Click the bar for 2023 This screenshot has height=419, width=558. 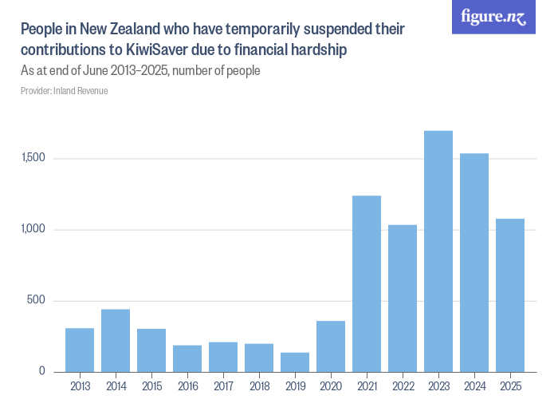438,251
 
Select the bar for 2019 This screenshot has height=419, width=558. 295,362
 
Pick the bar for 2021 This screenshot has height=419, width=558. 367,284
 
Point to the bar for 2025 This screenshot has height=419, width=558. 510,295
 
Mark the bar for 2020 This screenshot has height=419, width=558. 331,346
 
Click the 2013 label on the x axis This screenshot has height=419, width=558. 80,387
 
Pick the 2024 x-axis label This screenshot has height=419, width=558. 474,387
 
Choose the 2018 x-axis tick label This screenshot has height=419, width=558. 259,387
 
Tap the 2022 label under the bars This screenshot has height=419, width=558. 403,387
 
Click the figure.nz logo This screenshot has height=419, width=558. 494,17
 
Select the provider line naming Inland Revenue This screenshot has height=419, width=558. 65,91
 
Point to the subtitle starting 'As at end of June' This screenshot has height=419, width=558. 140,70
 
